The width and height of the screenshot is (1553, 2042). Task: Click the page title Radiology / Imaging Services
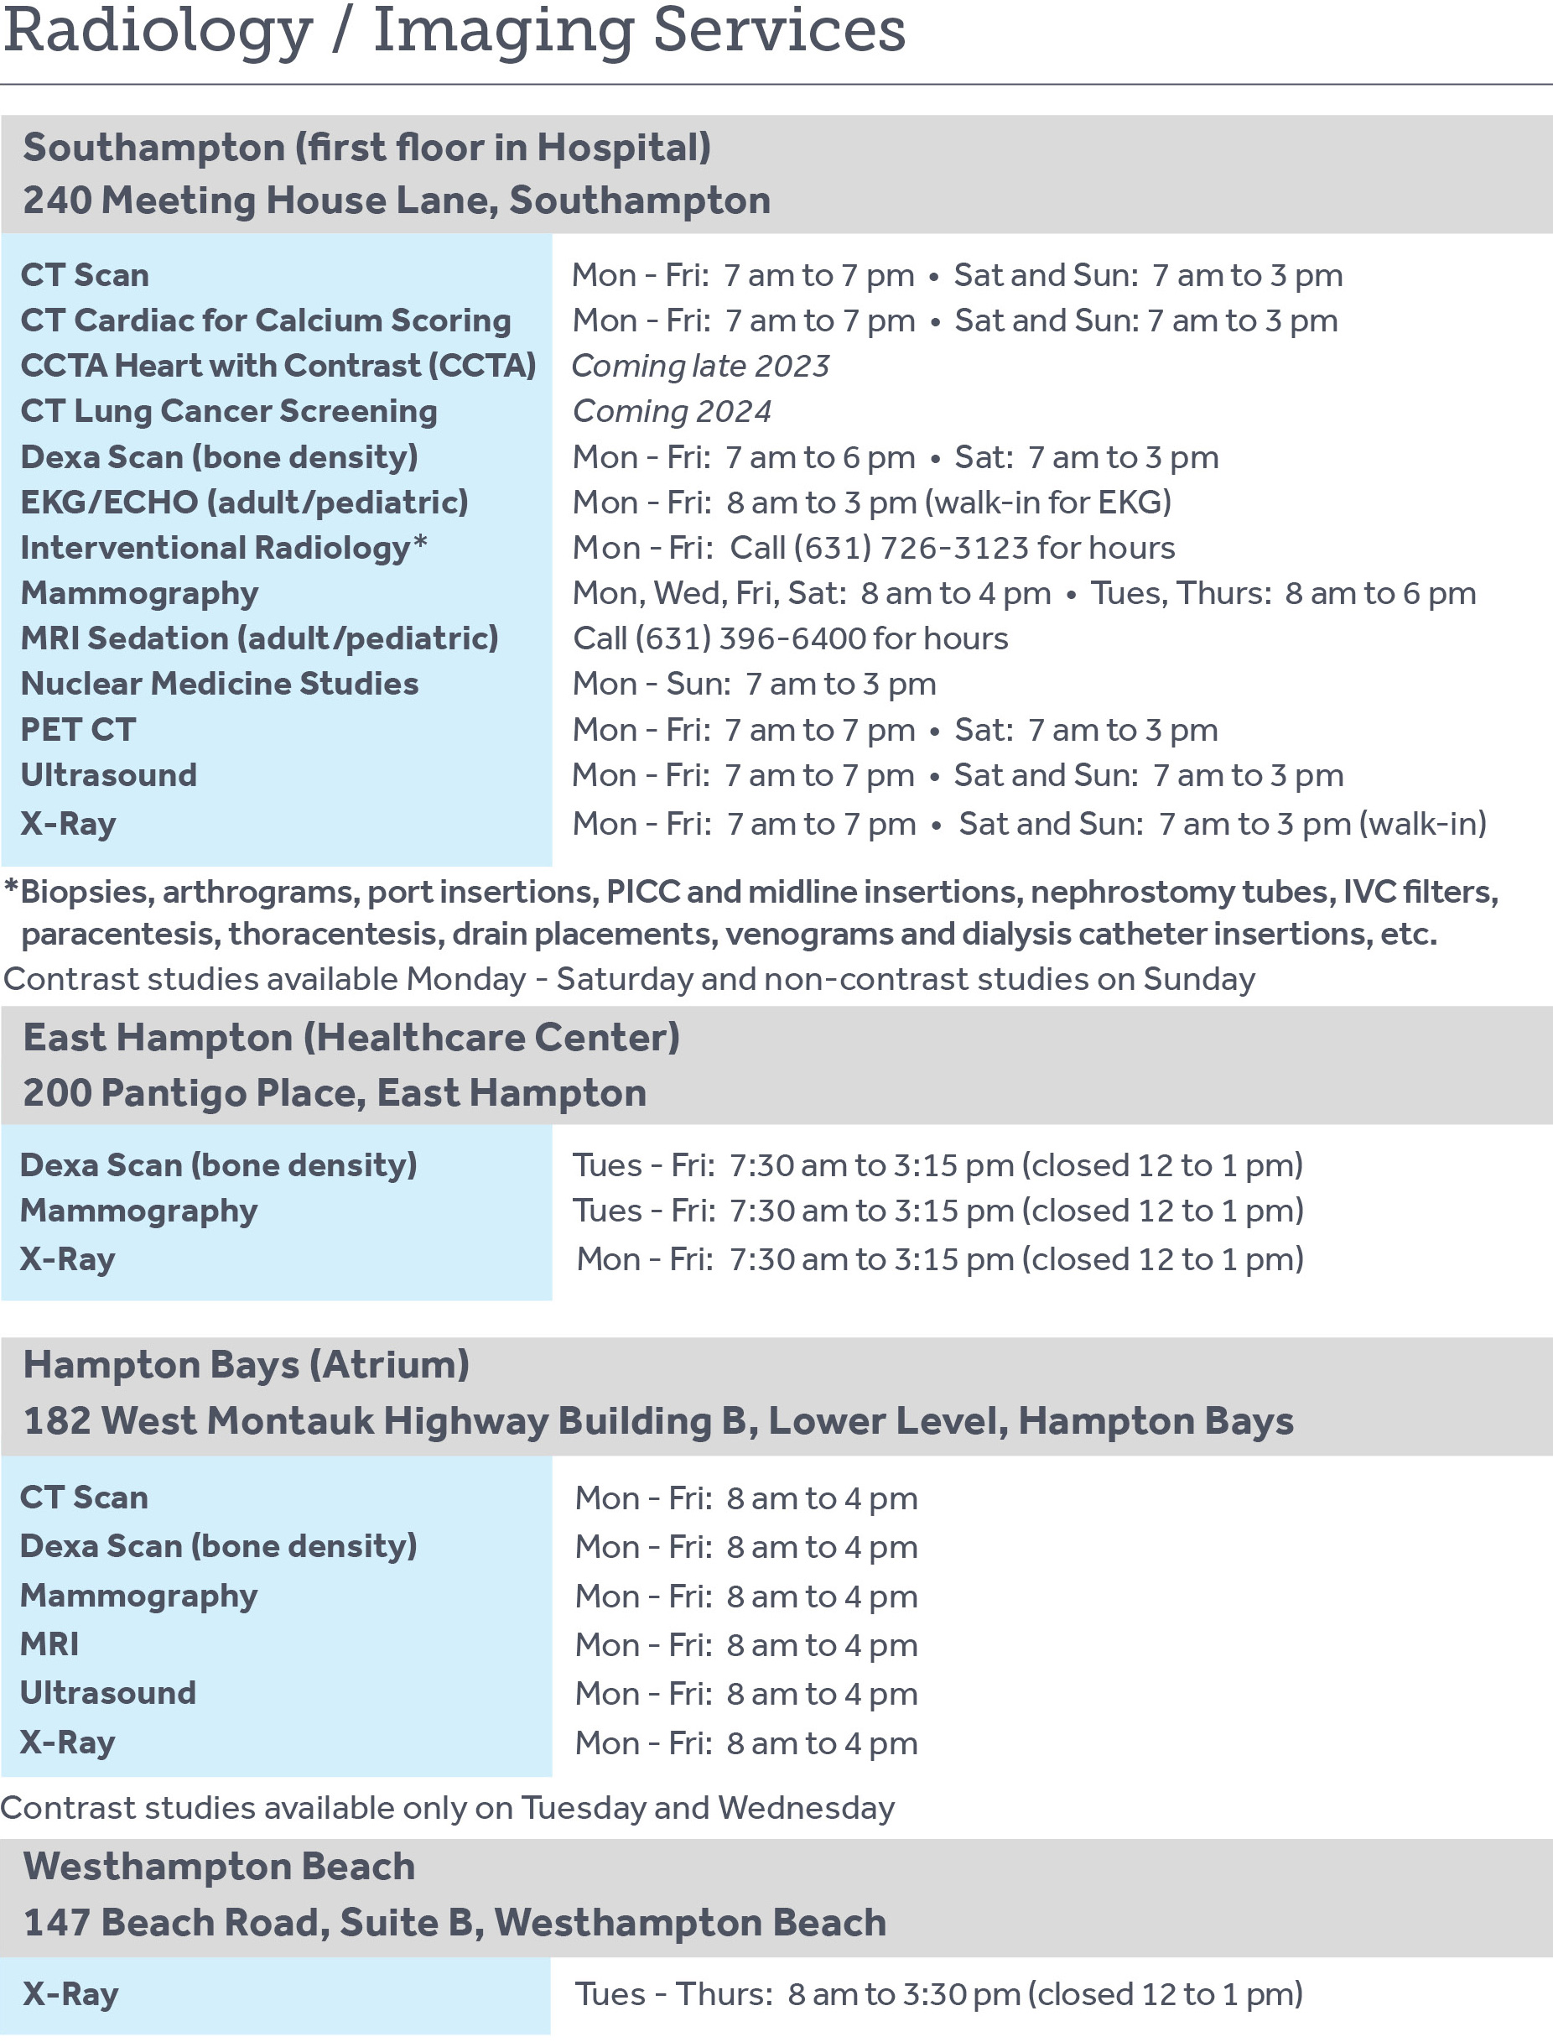454,31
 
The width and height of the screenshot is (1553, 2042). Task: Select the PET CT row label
78,730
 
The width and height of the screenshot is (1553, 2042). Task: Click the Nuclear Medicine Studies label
219,685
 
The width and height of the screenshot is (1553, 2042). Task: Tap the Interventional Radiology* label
223,548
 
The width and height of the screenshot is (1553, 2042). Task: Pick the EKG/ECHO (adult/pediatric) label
244,503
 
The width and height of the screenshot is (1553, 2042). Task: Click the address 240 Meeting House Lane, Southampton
397,201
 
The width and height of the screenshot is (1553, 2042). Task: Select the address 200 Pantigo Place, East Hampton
335,1093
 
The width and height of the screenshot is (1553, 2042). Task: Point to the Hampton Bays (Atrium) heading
246,1365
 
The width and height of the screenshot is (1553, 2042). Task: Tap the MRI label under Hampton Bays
49,1644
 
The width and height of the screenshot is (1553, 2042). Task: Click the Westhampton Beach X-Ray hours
938,1994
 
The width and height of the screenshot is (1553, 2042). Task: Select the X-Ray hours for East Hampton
939,1259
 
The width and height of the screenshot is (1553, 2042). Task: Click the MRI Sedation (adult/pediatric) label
259,638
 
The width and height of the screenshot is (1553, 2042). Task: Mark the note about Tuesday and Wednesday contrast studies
448,1808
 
